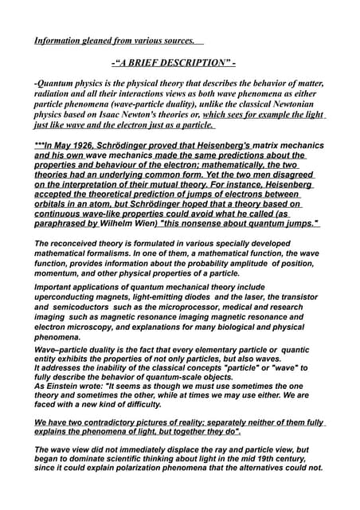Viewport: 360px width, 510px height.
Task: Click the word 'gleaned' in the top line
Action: click(x=100, y=40)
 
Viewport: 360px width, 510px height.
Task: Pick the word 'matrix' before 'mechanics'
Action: click(x=269, y=146)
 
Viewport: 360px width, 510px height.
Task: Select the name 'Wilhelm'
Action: click(x=131, y=224)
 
